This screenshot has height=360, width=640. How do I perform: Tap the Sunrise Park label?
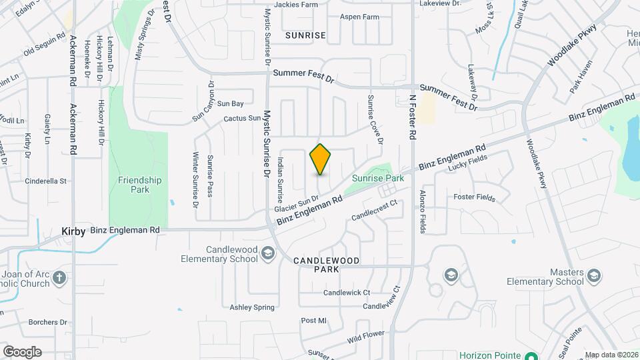click(378, 179)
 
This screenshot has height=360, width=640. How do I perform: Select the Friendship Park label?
click(139, 185)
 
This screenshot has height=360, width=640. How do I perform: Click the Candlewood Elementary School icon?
click(267, 253)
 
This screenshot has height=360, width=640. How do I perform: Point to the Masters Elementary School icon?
click(593, 275)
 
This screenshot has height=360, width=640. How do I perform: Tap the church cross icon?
click(60, 278)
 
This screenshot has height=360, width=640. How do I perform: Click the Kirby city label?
click(73, 231)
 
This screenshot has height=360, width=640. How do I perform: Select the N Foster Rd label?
click(413, 117)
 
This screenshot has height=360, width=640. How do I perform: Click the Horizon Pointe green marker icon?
click(531, 355)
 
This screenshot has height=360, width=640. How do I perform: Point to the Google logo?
click(22, 351)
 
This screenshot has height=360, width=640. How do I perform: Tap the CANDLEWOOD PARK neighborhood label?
click(327, 265)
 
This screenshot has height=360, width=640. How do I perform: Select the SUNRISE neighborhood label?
click(305, 35)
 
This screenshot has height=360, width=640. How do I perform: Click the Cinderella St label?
click(46, 181)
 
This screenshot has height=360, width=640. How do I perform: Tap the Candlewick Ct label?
click(346, 293)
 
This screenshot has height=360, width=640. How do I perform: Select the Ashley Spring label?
click(252, 307)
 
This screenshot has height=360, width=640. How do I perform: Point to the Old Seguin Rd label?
click(45, 44)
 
